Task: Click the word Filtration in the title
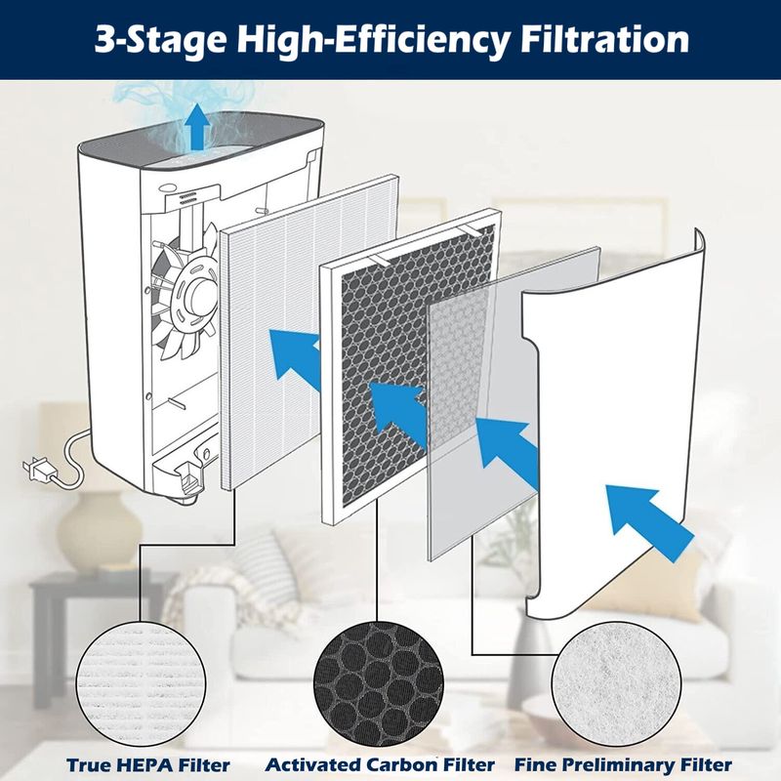[x=604, y=39]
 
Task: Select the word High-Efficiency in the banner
[x=373, y=41]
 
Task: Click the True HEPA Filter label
[x=148, y=764]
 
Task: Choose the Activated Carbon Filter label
[x=380, y=764]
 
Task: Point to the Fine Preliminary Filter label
[x=623, y=764]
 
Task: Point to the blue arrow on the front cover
[x=649, y=523]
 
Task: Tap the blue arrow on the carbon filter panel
[x=398, y=414]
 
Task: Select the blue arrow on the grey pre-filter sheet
[x=508, y=452]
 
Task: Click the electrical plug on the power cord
[x=37, y=470]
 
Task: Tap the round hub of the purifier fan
[x=199, y=297]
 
